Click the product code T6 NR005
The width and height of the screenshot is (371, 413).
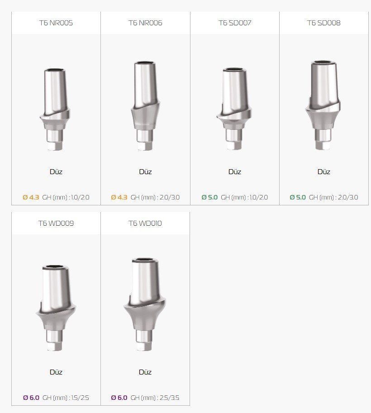coord(56,23)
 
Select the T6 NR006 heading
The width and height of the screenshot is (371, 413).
coord(145,23)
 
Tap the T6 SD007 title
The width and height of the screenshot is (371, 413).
coord(235,23)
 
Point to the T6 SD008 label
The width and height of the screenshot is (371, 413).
coord(324,23)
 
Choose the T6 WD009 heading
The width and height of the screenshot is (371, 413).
coord(56,223)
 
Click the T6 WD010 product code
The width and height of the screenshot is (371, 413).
coord(145,223)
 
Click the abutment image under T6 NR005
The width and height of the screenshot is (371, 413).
coord(55,109)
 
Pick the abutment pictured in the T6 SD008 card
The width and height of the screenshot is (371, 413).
coord(323,105)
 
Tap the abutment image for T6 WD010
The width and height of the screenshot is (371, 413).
coord(145,304)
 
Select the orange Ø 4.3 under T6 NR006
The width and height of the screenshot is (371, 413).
coord(119,197)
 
